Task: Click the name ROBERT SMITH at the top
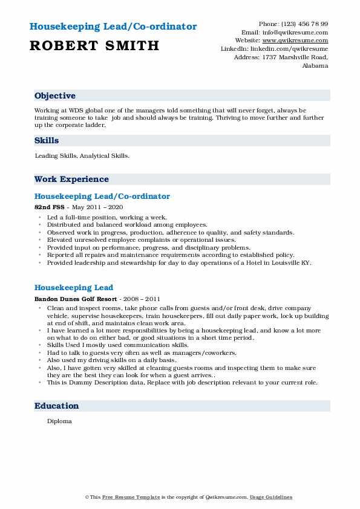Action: [94, 45]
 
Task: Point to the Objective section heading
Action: [55, 96]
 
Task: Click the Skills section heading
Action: [47, 140]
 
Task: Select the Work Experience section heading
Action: [71, 179]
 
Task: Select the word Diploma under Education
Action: [59, 421]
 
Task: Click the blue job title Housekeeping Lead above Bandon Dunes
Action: [74, 287]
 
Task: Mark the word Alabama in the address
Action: [315, 65]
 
